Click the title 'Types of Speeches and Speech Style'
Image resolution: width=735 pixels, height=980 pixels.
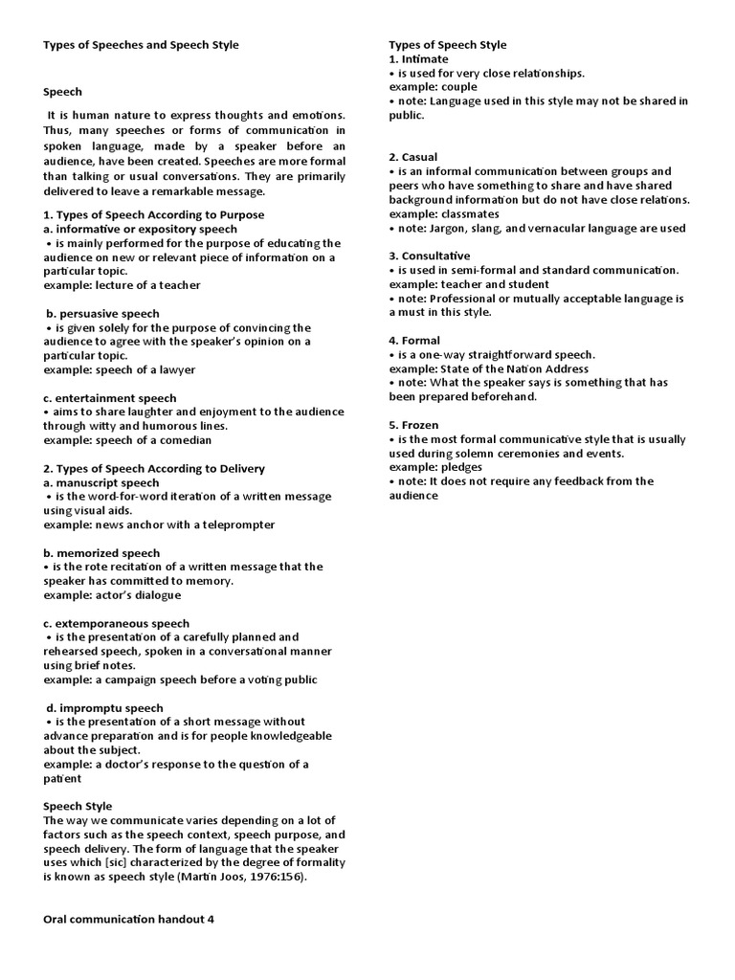pos(141,45)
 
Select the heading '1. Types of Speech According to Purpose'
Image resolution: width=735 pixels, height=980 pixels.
pos(153,215)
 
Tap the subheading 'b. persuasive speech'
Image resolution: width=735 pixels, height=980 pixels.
pos(102,314)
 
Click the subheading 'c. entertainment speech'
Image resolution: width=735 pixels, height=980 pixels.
pos(110,398)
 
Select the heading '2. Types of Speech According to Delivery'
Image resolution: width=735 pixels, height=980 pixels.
pos(154,469)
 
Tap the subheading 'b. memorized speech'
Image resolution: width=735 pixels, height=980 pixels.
pos(101,553)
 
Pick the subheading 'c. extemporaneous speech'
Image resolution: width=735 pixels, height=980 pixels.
pos(117,624)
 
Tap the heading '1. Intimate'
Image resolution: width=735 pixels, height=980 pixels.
pos(418,59)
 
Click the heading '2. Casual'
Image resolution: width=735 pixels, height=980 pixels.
pos(413,157)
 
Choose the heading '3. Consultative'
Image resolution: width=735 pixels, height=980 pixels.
pos(430,256)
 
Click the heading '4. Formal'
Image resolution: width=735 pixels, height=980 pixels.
pos(414,341)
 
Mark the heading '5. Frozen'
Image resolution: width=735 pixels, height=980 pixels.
pos(415,425)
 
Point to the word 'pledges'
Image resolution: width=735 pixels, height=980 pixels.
pos(463,467)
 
